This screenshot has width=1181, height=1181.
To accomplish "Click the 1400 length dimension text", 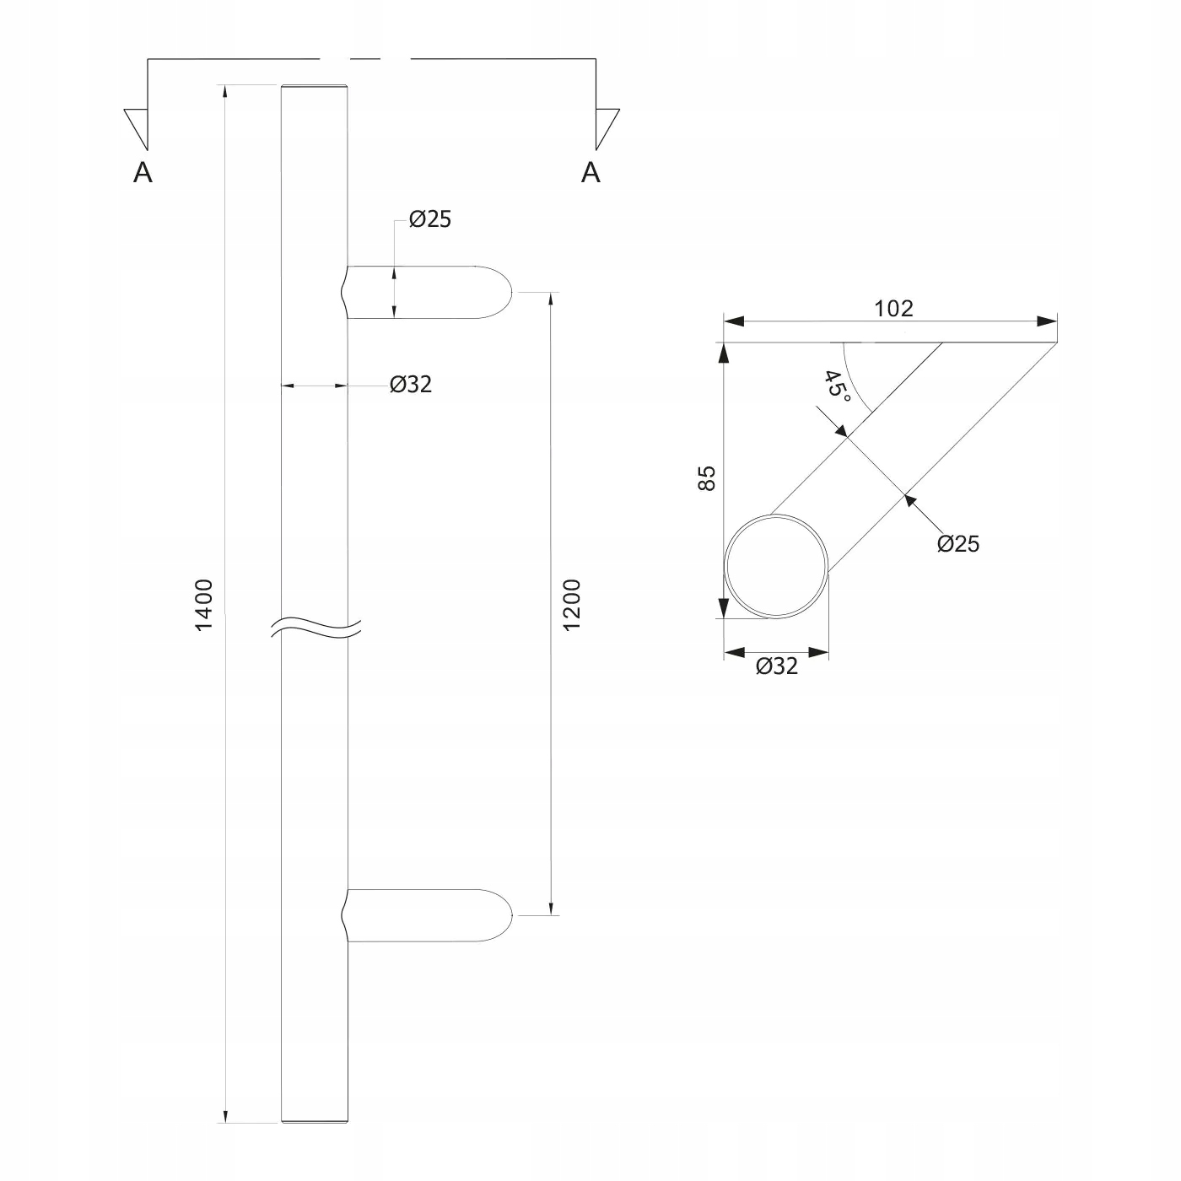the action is (205, 604).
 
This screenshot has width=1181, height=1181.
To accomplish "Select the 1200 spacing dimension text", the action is (572, 604).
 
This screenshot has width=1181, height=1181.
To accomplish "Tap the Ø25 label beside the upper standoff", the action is (430, 220).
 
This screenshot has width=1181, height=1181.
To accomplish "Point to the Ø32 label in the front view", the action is (411, 385).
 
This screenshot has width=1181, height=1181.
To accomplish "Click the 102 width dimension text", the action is (893, 309).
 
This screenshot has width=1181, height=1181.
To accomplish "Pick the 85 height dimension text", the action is (707, 478).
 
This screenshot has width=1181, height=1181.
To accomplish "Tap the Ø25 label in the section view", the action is (958, 544).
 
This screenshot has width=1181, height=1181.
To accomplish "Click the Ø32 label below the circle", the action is (777, 666).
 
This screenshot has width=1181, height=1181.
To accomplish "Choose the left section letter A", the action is (143, 173).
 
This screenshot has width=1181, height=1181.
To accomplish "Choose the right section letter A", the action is (590, 172).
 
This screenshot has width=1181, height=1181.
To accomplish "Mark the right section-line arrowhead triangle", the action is (606, 126).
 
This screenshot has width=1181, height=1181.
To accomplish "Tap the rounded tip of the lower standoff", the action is (505, 915).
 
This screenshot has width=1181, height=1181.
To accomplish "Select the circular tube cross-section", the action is (776, 567).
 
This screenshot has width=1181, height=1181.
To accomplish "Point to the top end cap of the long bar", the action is (314, 86).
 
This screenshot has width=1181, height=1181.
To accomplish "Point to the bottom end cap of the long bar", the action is (314, 1122).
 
